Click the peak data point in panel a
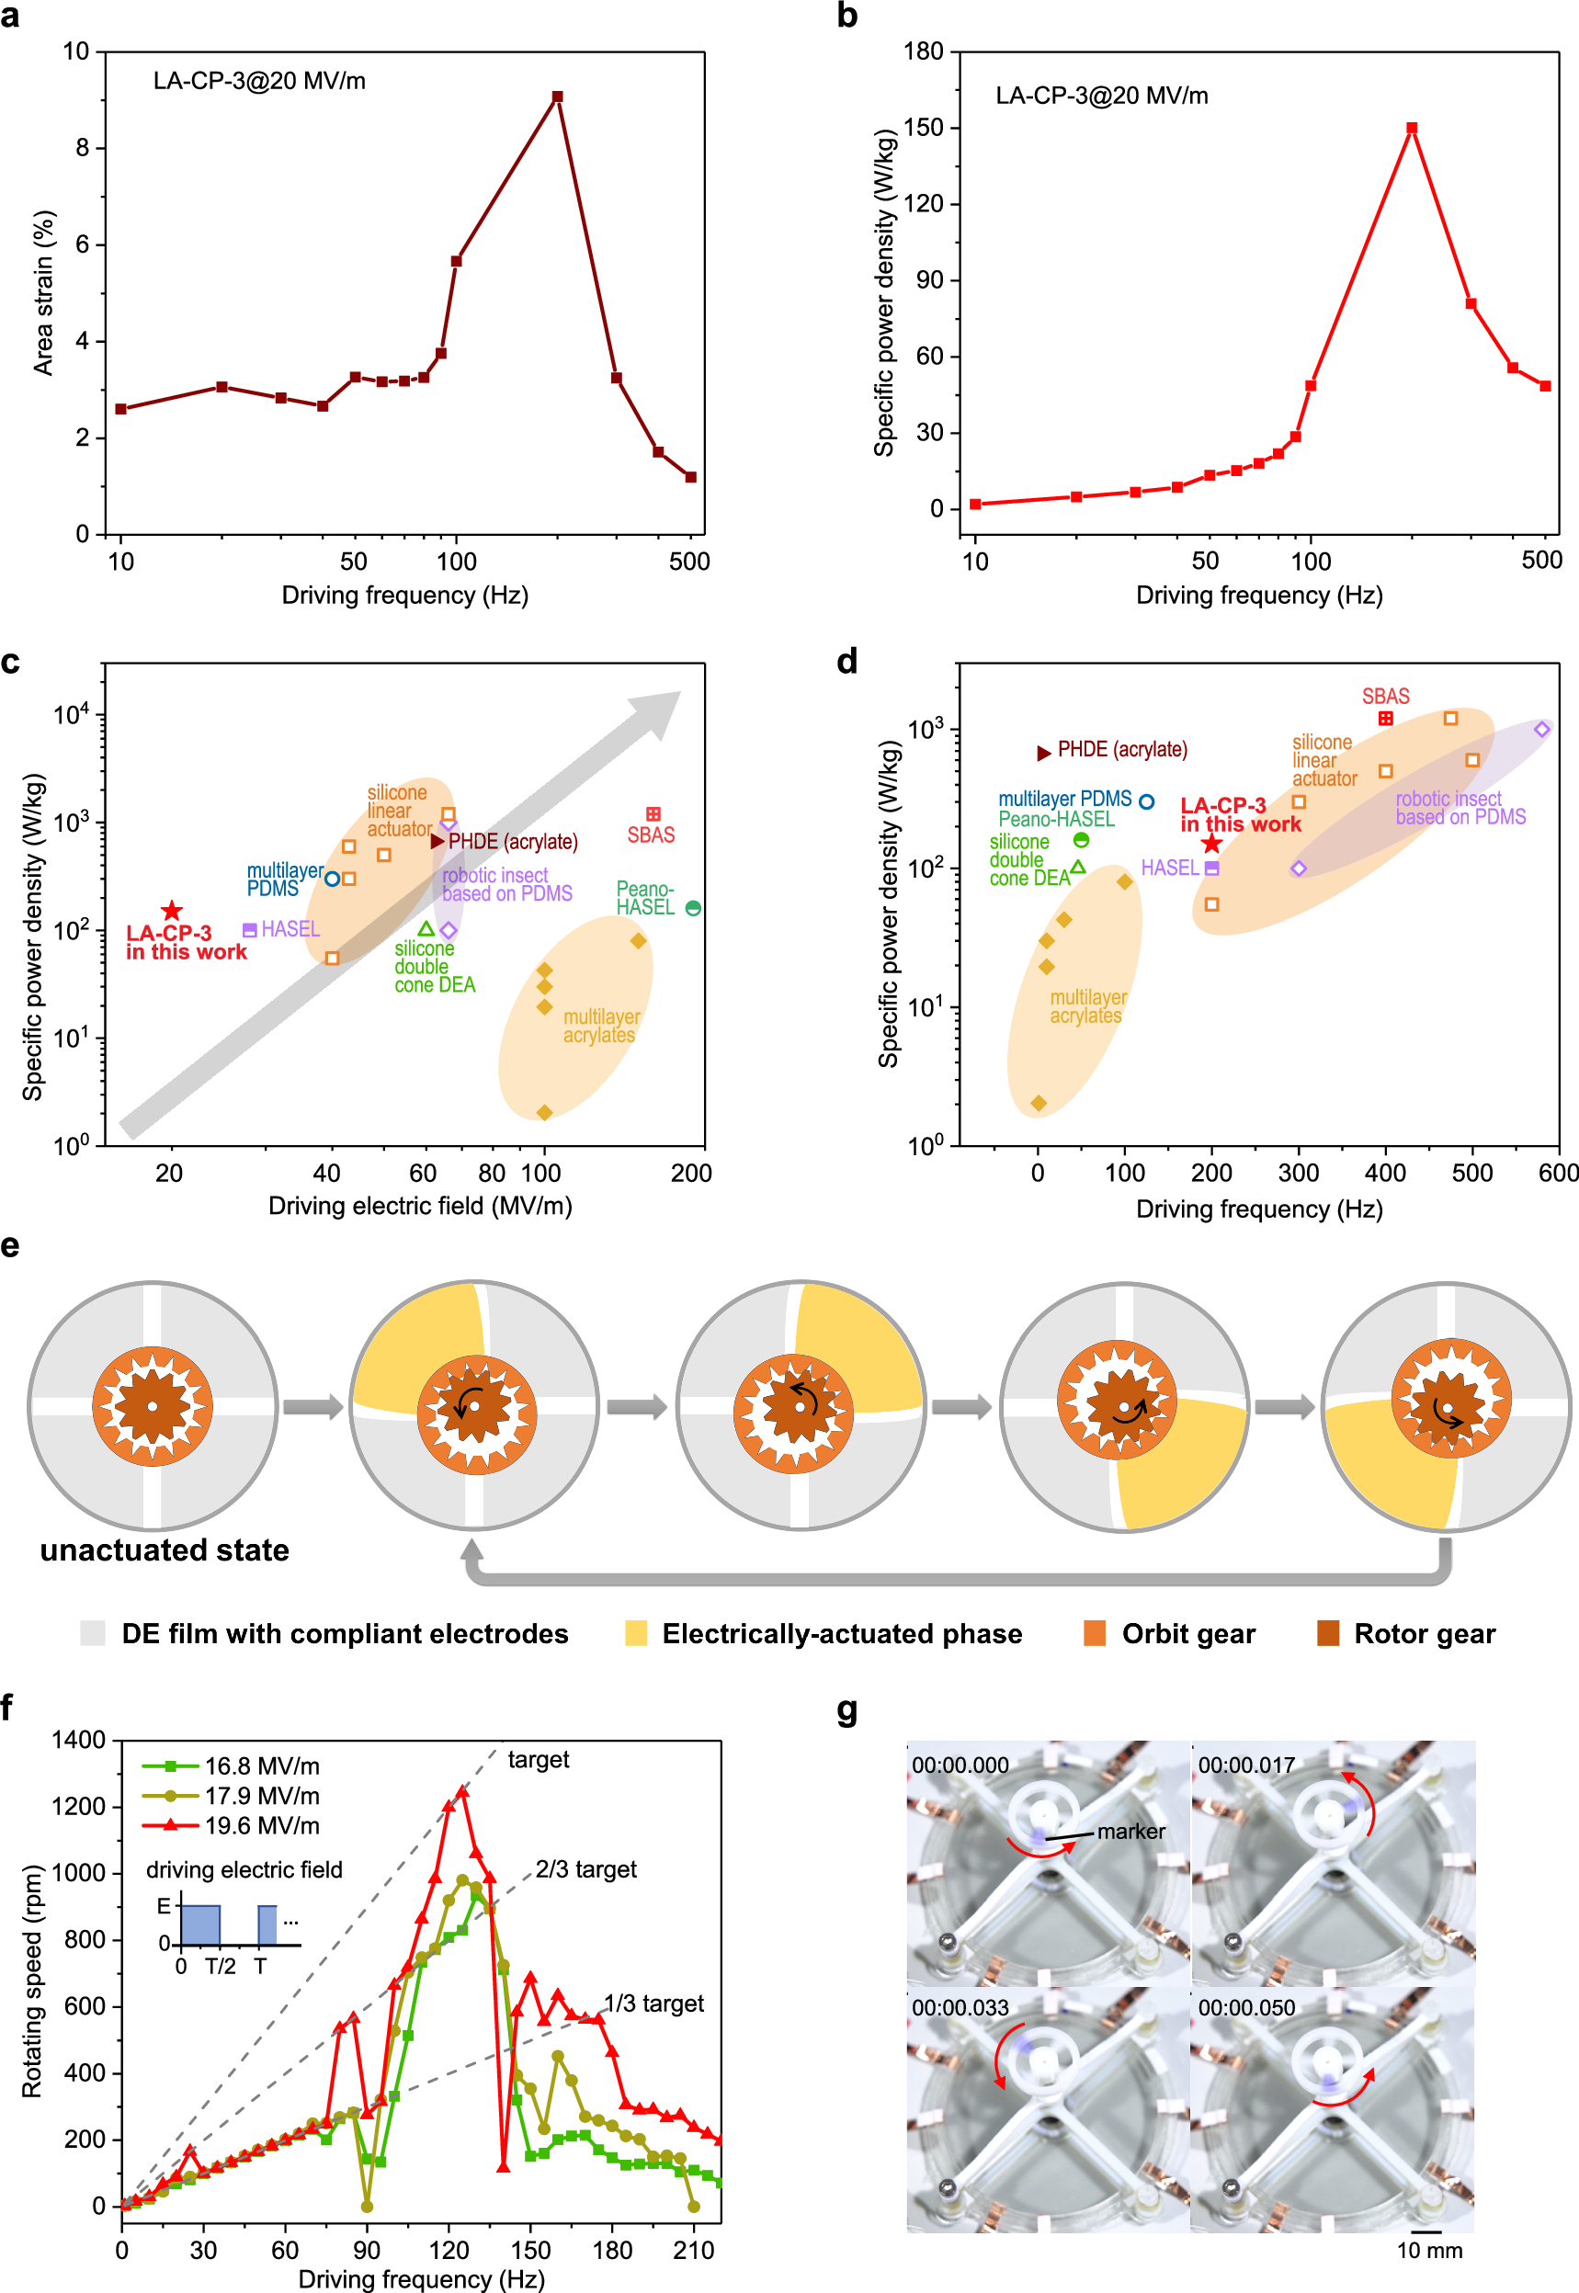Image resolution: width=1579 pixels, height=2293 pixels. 557,96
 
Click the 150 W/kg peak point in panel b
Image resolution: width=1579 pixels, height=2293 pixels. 1412,128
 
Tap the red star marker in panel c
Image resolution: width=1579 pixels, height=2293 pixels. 172,910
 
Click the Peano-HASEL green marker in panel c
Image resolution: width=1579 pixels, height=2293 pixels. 693,908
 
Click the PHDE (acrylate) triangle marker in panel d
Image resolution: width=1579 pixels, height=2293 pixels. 1043,753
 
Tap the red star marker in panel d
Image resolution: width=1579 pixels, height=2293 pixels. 1211,844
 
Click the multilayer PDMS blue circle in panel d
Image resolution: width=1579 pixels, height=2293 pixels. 1146,801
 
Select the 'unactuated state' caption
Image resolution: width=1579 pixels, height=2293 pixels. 165,1549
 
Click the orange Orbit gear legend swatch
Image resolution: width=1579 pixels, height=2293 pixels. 1095,1633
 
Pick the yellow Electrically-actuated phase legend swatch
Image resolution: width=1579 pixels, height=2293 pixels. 636,1633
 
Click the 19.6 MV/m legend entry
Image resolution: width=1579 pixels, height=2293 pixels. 261,1825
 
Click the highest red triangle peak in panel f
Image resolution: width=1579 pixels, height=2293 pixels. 461,1791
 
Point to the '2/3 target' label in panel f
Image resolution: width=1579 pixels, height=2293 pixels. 585,1868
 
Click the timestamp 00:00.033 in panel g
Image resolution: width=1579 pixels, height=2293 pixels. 960,2007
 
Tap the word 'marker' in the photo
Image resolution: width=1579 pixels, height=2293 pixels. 1130,1831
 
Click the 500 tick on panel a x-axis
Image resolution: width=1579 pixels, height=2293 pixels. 689,562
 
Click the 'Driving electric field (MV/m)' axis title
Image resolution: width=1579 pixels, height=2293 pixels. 420,1206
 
